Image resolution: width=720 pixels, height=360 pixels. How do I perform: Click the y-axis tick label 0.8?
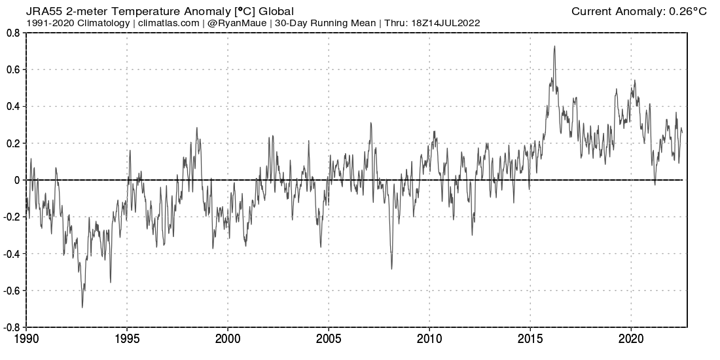click(x=12, y=33)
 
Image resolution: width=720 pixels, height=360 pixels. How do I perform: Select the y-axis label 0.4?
click(x=12, y=107)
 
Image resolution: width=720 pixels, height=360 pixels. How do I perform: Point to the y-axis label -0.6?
click(x=11, y=290)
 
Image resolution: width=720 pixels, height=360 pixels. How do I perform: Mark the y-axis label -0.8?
click(x=11, y=327)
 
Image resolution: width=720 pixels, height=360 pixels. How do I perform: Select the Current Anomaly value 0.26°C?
click(x=688, y=12)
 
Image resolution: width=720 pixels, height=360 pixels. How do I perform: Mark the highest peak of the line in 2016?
click(x=554, y=46)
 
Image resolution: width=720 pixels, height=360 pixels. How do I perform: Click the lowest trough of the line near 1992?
click(x=82, y=307)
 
